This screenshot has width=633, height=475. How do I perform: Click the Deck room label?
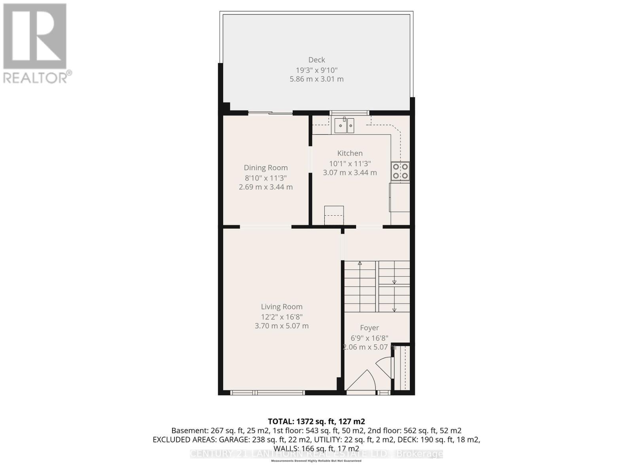point(316,60)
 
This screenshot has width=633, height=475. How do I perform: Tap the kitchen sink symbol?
point(344,126)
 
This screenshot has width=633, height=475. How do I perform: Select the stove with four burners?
point(400,172)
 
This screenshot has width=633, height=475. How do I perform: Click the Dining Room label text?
point(265,168)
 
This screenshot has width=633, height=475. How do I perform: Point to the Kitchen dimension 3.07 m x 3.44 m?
point(350,173)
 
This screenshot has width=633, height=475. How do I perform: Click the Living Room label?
point(281,307)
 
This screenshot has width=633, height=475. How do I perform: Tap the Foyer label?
point(369,328)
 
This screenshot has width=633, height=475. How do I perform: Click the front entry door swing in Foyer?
point(362,382)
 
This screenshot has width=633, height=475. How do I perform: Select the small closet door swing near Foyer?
point(384,367)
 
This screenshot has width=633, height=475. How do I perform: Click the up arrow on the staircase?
point(360,263)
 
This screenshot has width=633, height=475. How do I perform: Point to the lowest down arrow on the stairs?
point(394,310)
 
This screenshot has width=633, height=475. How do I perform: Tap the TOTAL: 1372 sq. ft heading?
point(316,421)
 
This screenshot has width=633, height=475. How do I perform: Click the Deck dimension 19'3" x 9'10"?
point(316,70)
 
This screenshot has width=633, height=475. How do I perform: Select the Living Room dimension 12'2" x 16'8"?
point(281,317)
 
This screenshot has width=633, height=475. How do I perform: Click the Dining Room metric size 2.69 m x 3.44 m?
point(265,187)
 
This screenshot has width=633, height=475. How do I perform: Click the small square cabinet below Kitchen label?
point(334,215)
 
